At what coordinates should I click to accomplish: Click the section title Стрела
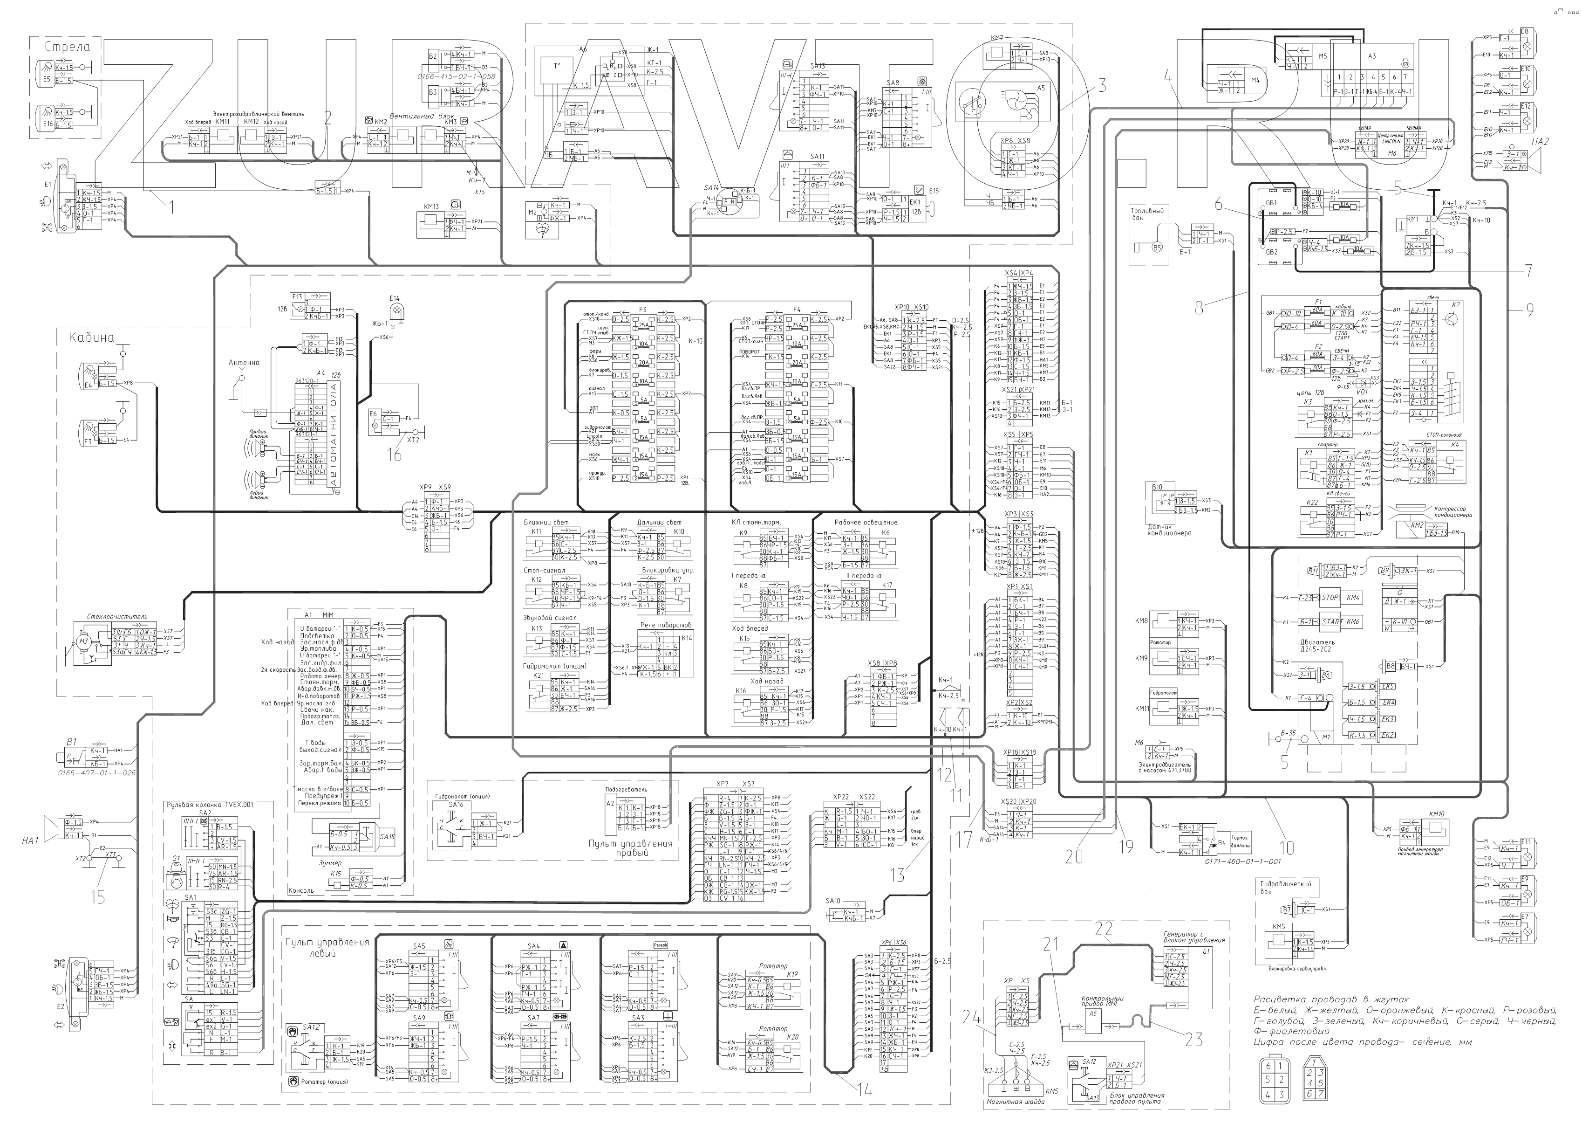pos(68,47)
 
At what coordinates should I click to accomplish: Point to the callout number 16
pos(395,456)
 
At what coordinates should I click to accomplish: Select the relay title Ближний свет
pos(546,522)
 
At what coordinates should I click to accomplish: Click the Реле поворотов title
pos(666,625)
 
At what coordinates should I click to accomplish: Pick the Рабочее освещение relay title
pos(866,522)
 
